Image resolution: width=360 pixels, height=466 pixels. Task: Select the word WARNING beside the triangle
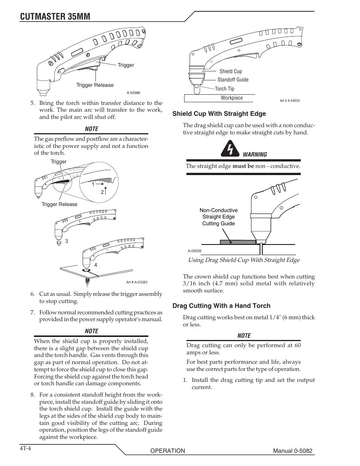click(255, 154)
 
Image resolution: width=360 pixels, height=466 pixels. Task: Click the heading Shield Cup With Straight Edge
click(219, 114)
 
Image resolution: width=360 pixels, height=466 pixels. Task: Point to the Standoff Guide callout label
click(233, 80)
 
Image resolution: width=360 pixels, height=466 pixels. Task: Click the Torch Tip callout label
click(225, 89)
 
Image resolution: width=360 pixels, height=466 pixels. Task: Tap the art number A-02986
click(133, 93)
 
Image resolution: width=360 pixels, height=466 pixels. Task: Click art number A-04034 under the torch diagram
click(289, 101)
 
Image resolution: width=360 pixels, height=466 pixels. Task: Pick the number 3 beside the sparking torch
click(66, 241)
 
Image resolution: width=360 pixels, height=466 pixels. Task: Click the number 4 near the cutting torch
click(96, 265)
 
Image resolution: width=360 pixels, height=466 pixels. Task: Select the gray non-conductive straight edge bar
click(238, 242)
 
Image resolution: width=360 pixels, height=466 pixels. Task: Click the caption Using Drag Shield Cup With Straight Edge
click(244, 260)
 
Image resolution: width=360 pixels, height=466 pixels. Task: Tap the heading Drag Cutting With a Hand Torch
click(222, 306)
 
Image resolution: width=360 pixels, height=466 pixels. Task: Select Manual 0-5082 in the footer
click(293, 451)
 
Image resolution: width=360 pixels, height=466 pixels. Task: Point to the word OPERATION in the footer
click(168, 451)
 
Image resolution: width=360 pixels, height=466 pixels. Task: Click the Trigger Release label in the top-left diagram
click(95, 85)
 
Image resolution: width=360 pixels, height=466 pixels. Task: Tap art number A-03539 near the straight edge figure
click(194, 251)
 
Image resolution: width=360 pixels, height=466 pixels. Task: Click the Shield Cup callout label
click(231, 71)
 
